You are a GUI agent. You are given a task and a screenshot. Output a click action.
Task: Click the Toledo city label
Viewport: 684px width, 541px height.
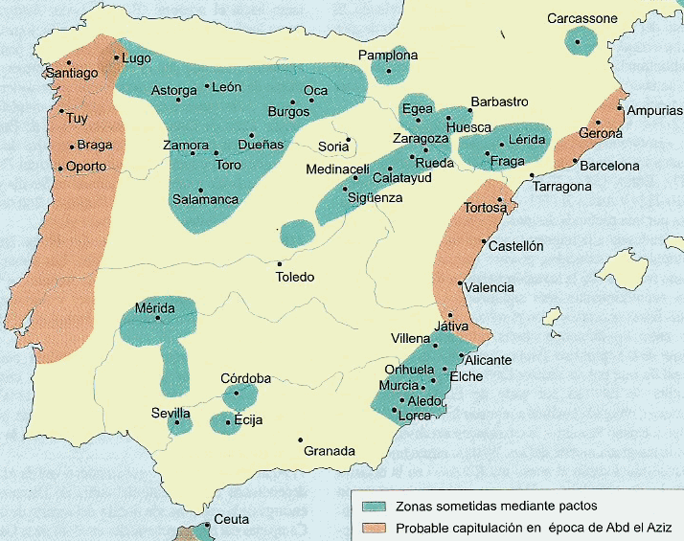294,277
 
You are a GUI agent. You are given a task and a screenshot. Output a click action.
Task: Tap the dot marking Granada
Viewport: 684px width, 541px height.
300,440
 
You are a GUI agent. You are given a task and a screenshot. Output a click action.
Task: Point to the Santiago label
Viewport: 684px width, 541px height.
72,73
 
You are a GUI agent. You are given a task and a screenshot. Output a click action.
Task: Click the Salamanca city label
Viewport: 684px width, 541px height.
205,200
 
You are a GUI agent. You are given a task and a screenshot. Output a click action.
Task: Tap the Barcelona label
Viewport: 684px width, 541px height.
609,166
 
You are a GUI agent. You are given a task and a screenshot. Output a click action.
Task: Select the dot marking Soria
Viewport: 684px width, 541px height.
349,139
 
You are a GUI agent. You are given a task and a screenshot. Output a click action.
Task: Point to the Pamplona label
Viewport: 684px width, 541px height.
388,56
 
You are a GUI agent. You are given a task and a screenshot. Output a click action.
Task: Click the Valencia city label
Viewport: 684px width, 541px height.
491,287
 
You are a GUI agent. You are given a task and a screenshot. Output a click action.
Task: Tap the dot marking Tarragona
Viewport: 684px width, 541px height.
532,176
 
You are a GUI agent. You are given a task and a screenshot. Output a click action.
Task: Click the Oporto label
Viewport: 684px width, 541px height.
86,167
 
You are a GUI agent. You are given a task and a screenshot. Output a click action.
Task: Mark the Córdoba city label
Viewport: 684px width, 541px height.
245,378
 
